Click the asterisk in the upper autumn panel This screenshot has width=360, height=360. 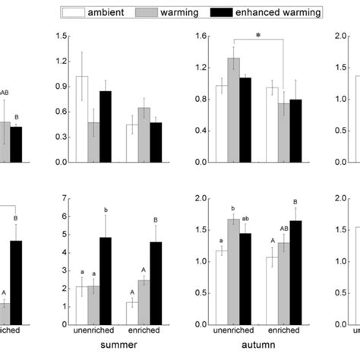258,35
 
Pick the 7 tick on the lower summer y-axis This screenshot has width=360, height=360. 63,199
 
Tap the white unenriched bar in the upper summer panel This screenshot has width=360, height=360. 81,119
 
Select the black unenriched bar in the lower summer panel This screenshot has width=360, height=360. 106,281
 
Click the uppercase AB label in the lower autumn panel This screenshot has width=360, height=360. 282,229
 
